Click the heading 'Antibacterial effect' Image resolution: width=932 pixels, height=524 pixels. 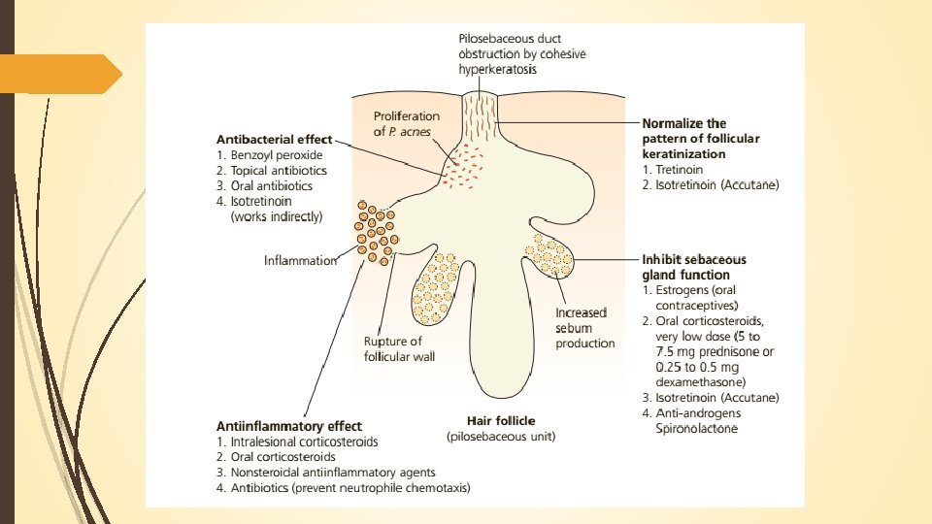tap(274, 138)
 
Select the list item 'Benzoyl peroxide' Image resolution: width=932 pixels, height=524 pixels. tap(277, 154)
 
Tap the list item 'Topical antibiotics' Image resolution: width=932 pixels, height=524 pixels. tap(279, 170)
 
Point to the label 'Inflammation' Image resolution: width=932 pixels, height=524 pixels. tap(301, 260)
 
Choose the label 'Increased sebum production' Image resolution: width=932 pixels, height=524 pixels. tap(583, 328)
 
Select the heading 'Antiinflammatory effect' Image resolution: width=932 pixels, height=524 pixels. tap(289, 426)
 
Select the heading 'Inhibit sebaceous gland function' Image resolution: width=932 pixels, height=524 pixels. tap(693, 267)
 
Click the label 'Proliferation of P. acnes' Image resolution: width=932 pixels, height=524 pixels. tap(407, 123)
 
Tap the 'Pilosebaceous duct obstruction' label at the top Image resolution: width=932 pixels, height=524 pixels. tap(521, 53)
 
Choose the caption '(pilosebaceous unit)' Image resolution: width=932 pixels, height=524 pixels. tap(501, 437)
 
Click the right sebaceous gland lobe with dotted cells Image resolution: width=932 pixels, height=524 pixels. tap(551, 256)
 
